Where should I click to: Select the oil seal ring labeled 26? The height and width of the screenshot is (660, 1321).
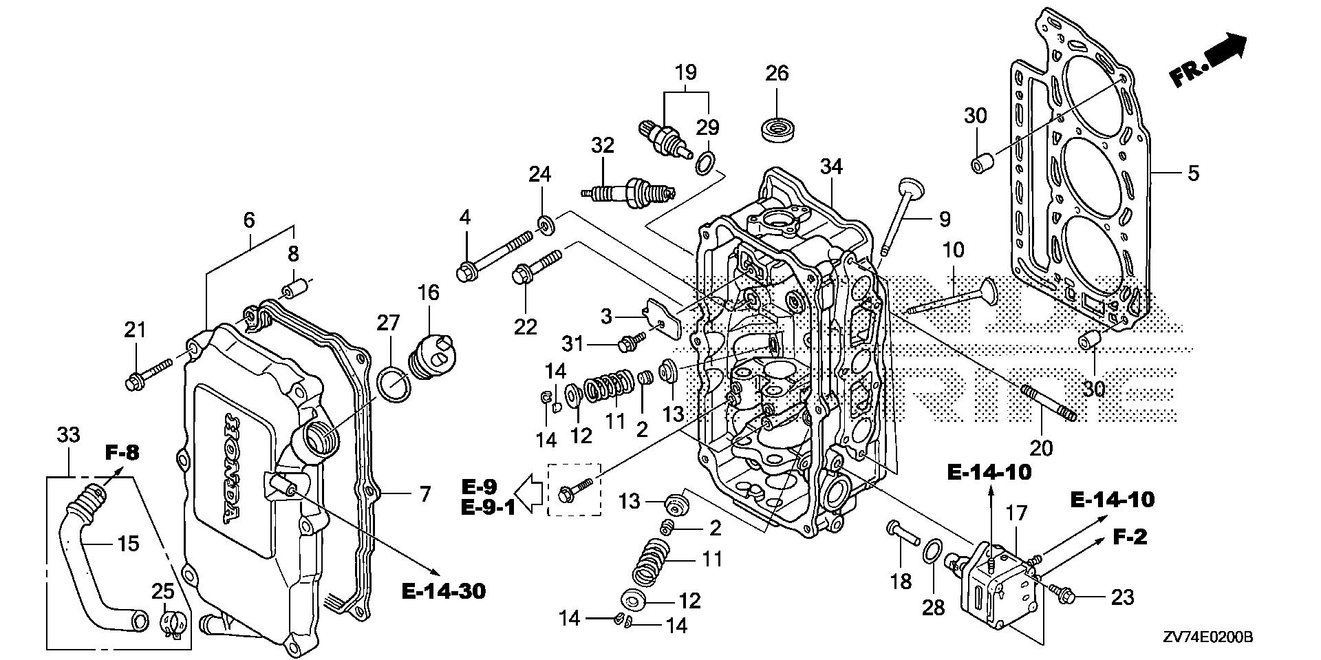click(x=777, y=129)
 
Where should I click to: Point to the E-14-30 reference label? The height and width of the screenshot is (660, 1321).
click(x=444, y=590)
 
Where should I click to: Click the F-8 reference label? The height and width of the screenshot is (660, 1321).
click(x=122, y=453)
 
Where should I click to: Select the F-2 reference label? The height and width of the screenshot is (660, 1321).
click(x=1130, y=537)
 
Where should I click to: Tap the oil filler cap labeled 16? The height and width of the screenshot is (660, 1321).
click(x=433, y=353)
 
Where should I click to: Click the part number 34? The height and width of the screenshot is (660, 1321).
click(x=831, y=167)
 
